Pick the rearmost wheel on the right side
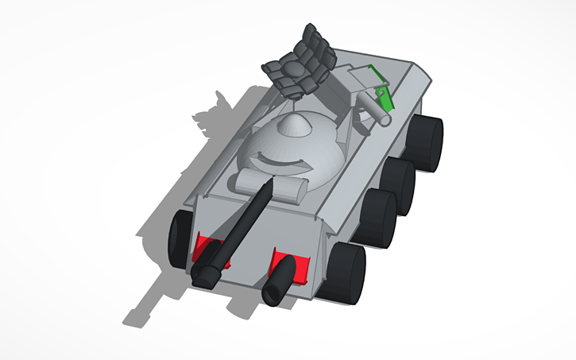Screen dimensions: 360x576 [x=429, y=144]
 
